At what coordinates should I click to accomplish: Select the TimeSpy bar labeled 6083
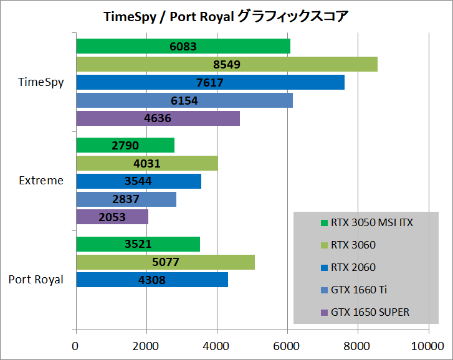pos(183,46)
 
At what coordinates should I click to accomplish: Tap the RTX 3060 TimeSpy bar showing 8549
pos(226,64)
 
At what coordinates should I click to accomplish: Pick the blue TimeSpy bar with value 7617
pos(210,82)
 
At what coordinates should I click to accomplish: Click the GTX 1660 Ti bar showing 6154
pos(184,100)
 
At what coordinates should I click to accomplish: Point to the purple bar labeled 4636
pos(158,118)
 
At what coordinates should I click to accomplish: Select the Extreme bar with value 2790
pos(125,145)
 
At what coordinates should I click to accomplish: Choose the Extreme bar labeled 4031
pos(146,163)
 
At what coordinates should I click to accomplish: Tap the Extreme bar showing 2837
pos(126,199)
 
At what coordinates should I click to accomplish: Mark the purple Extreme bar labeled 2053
pos(112,217)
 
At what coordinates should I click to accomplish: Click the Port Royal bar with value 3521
pos(138,244)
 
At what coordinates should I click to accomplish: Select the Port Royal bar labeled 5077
pos(165,262)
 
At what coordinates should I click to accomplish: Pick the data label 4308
pos(151,280)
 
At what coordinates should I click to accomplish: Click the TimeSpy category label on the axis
pos(42,82)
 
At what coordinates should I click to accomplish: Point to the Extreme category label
pos(41,181)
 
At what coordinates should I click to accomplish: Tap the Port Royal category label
pos(36,280)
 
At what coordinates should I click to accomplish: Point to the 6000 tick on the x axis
pos(287,346)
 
